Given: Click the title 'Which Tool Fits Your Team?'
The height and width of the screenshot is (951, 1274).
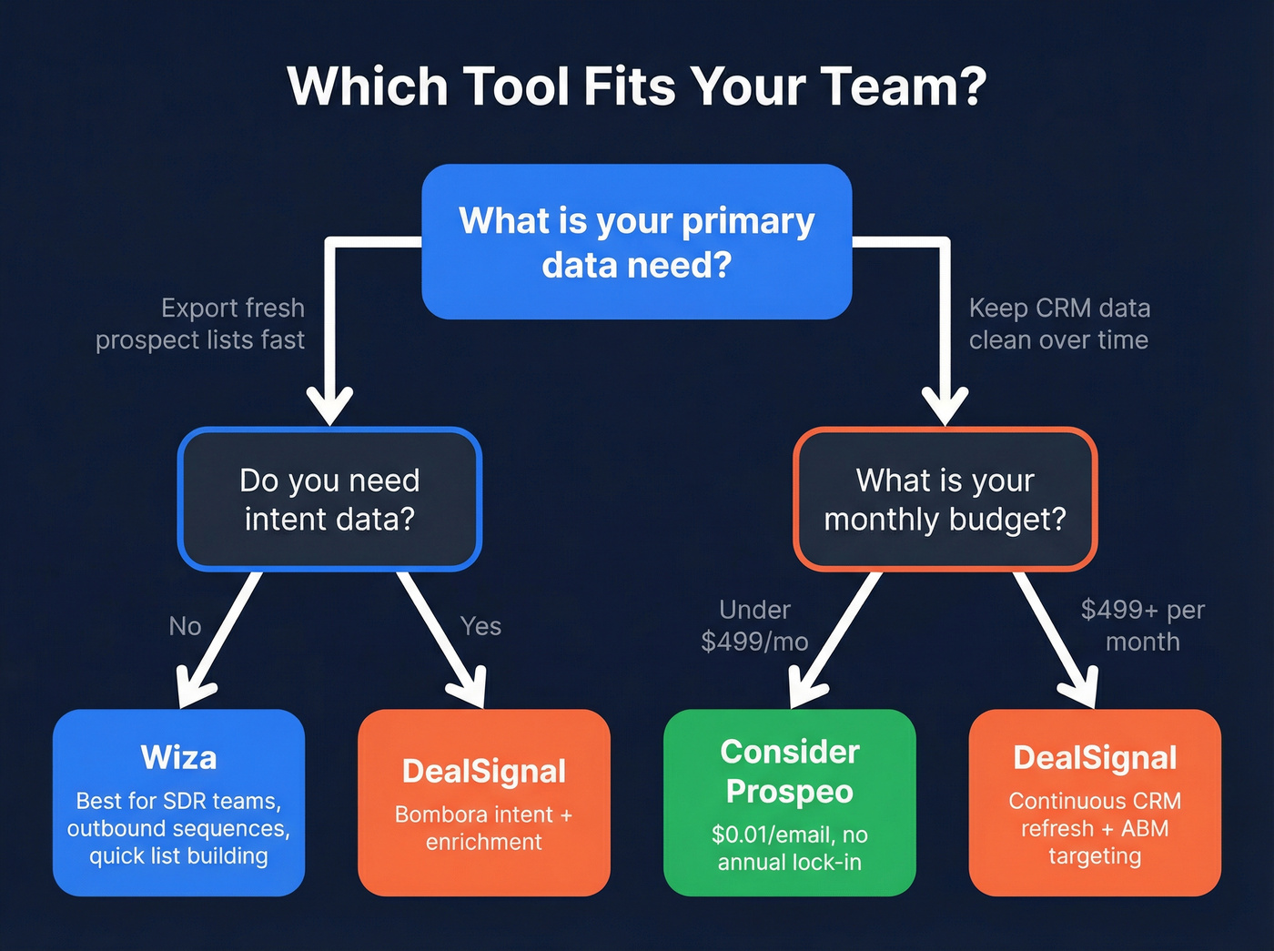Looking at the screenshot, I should (x=636, y=86).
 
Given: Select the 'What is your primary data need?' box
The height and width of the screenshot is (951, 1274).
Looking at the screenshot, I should (x=636, y=242).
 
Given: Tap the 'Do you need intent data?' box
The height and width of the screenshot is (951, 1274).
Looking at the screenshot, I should (x=329, y=499).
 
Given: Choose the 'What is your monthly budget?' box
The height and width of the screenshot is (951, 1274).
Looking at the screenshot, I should (x=945, y=499).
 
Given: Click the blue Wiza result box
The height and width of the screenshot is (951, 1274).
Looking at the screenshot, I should (x=178, y=803).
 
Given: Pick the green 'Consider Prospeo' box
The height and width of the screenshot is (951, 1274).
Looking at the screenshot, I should (x=789, y=803).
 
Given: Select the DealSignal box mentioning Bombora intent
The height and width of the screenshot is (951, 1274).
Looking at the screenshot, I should (x=484, y=803).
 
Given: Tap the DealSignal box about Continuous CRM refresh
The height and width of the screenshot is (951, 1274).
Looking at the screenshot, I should (x=1095, y=803).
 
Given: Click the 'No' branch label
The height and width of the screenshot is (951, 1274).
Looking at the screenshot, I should (x=185, y=626).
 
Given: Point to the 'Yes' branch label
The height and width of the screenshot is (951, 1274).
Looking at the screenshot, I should (x=480, y=626).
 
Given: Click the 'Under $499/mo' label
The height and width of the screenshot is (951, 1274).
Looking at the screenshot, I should (x=754, y=625).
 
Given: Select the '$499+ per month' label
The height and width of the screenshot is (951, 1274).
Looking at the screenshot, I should (x=1142, y=625).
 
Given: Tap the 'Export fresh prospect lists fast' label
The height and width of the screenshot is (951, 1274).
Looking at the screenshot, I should (x=201, y=324).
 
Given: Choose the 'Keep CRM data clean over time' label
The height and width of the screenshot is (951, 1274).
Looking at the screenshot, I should (x=1059, y=324).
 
